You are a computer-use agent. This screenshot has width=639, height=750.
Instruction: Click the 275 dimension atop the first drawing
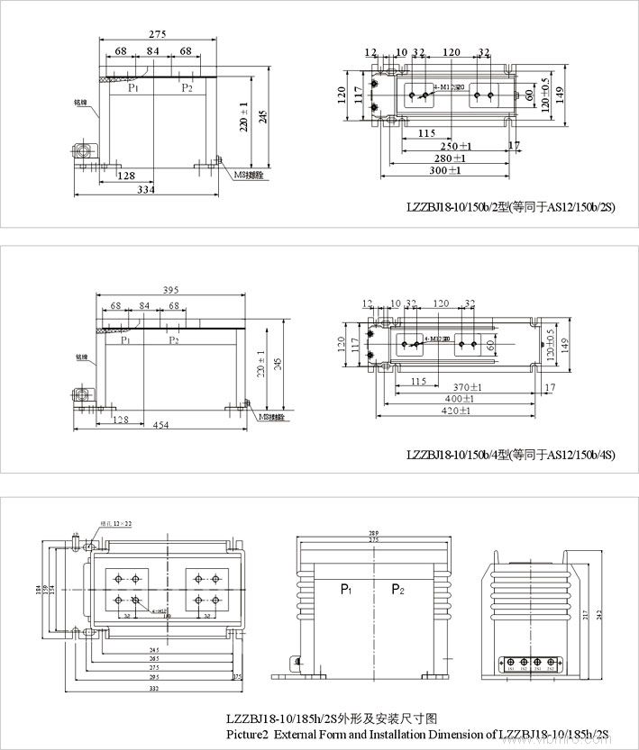[x=157, y=33]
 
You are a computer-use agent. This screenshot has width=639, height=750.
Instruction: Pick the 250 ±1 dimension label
[x=456, y=146]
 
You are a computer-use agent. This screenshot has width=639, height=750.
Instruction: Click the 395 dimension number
[x=171, y=290]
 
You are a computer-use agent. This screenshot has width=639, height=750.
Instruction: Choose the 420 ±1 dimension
[x=459, y=411]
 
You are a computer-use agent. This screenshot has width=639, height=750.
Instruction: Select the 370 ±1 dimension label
[x=466, y=387]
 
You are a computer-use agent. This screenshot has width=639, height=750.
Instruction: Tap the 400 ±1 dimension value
[x=459, y=399]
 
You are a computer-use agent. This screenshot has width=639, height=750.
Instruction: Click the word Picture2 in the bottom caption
[x=248, y=735]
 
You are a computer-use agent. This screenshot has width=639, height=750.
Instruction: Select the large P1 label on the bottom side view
[x=346, y=589]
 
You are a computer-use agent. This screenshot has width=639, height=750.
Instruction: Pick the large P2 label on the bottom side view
[x=397, y=589]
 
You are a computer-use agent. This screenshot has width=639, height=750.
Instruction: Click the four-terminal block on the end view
[x=532, y=664]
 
